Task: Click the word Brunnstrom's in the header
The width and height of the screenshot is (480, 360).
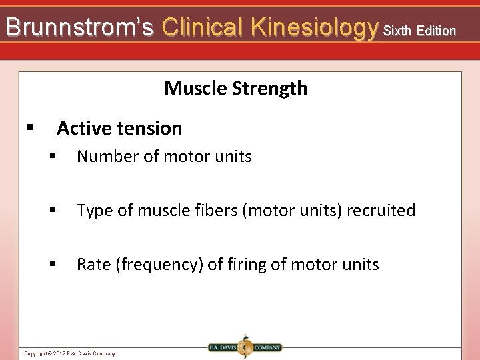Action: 79,28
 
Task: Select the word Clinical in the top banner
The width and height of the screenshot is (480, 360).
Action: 203,28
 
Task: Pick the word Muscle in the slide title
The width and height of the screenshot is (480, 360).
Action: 193,88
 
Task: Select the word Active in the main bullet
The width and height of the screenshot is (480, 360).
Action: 83,128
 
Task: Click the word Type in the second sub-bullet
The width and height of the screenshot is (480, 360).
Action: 93,211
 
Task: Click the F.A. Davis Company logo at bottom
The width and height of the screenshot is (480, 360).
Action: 244,347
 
